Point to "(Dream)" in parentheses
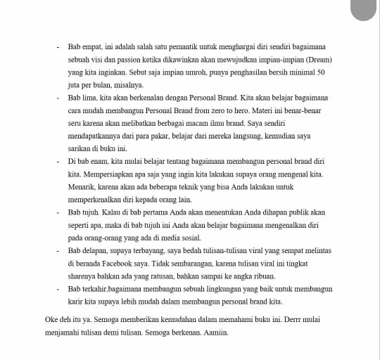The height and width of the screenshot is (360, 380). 320,59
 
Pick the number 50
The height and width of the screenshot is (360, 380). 321,72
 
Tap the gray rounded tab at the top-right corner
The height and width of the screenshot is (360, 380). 364,9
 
